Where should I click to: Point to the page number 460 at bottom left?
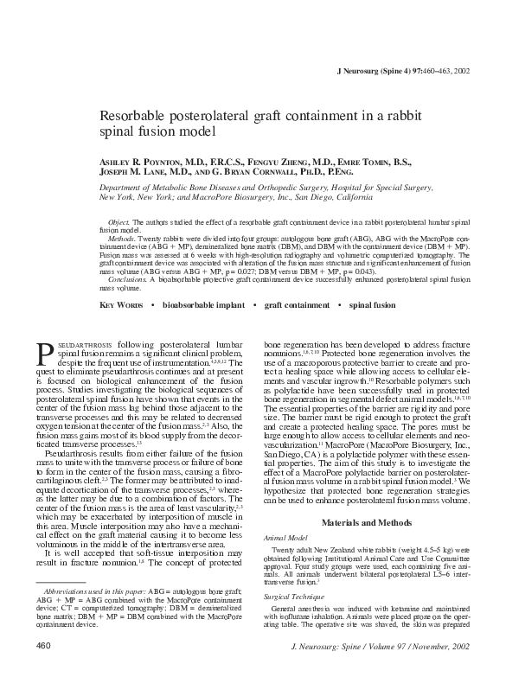(45, 645)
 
